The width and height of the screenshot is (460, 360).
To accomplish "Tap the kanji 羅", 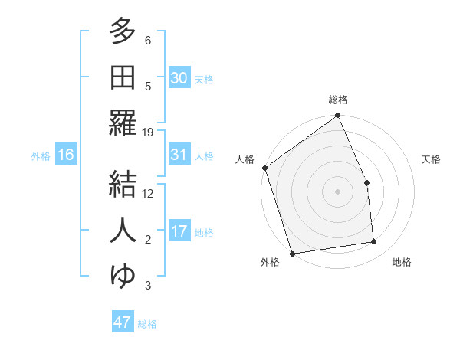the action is pos(123,123).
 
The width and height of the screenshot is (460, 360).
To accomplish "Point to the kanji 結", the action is pos(123,182).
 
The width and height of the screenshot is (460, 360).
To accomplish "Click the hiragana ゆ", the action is pos(123,274).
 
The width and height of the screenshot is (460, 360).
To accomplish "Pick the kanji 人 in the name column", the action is pos(123,229).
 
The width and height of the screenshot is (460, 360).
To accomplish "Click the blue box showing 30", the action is pos(179,77).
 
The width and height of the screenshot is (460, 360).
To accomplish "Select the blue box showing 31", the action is pos(179,155).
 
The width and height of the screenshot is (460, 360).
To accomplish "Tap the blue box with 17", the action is pos(179,231).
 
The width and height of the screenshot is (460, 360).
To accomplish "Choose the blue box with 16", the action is pos(65,155).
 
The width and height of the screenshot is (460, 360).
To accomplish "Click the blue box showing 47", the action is pos(123,322).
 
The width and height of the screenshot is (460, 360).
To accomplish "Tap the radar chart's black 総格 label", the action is pos(338,100).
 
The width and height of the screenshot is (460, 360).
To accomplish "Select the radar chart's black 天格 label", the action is pos(431,159).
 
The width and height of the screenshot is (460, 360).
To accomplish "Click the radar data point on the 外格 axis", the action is pos(292,254).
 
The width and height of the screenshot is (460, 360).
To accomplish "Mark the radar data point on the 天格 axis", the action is pos(366,182).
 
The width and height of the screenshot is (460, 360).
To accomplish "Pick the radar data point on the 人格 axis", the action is pos(264,168).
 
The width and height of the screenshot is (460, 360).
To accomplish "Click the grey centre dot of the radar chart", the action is pos(338,191).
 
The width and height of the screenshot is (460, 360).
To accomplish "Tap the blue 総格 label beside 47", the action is pos(147,324).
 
